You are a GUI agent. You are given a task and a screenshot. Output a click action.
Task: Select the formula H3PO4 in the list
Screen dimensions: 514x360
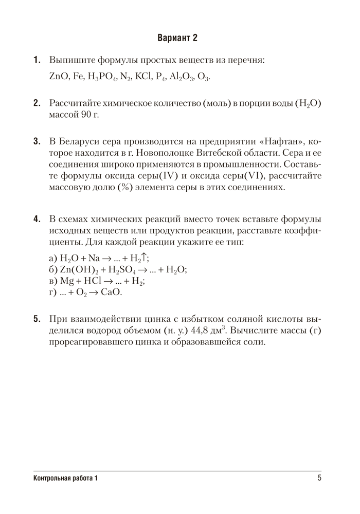click(101, 77)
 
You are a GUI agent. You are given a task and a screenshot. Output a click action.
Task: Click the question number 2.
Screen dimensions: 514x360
click(37, 103)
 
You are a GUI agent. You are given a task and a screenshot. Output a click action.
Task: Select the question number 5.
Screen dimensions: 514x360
click(37, 319)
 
